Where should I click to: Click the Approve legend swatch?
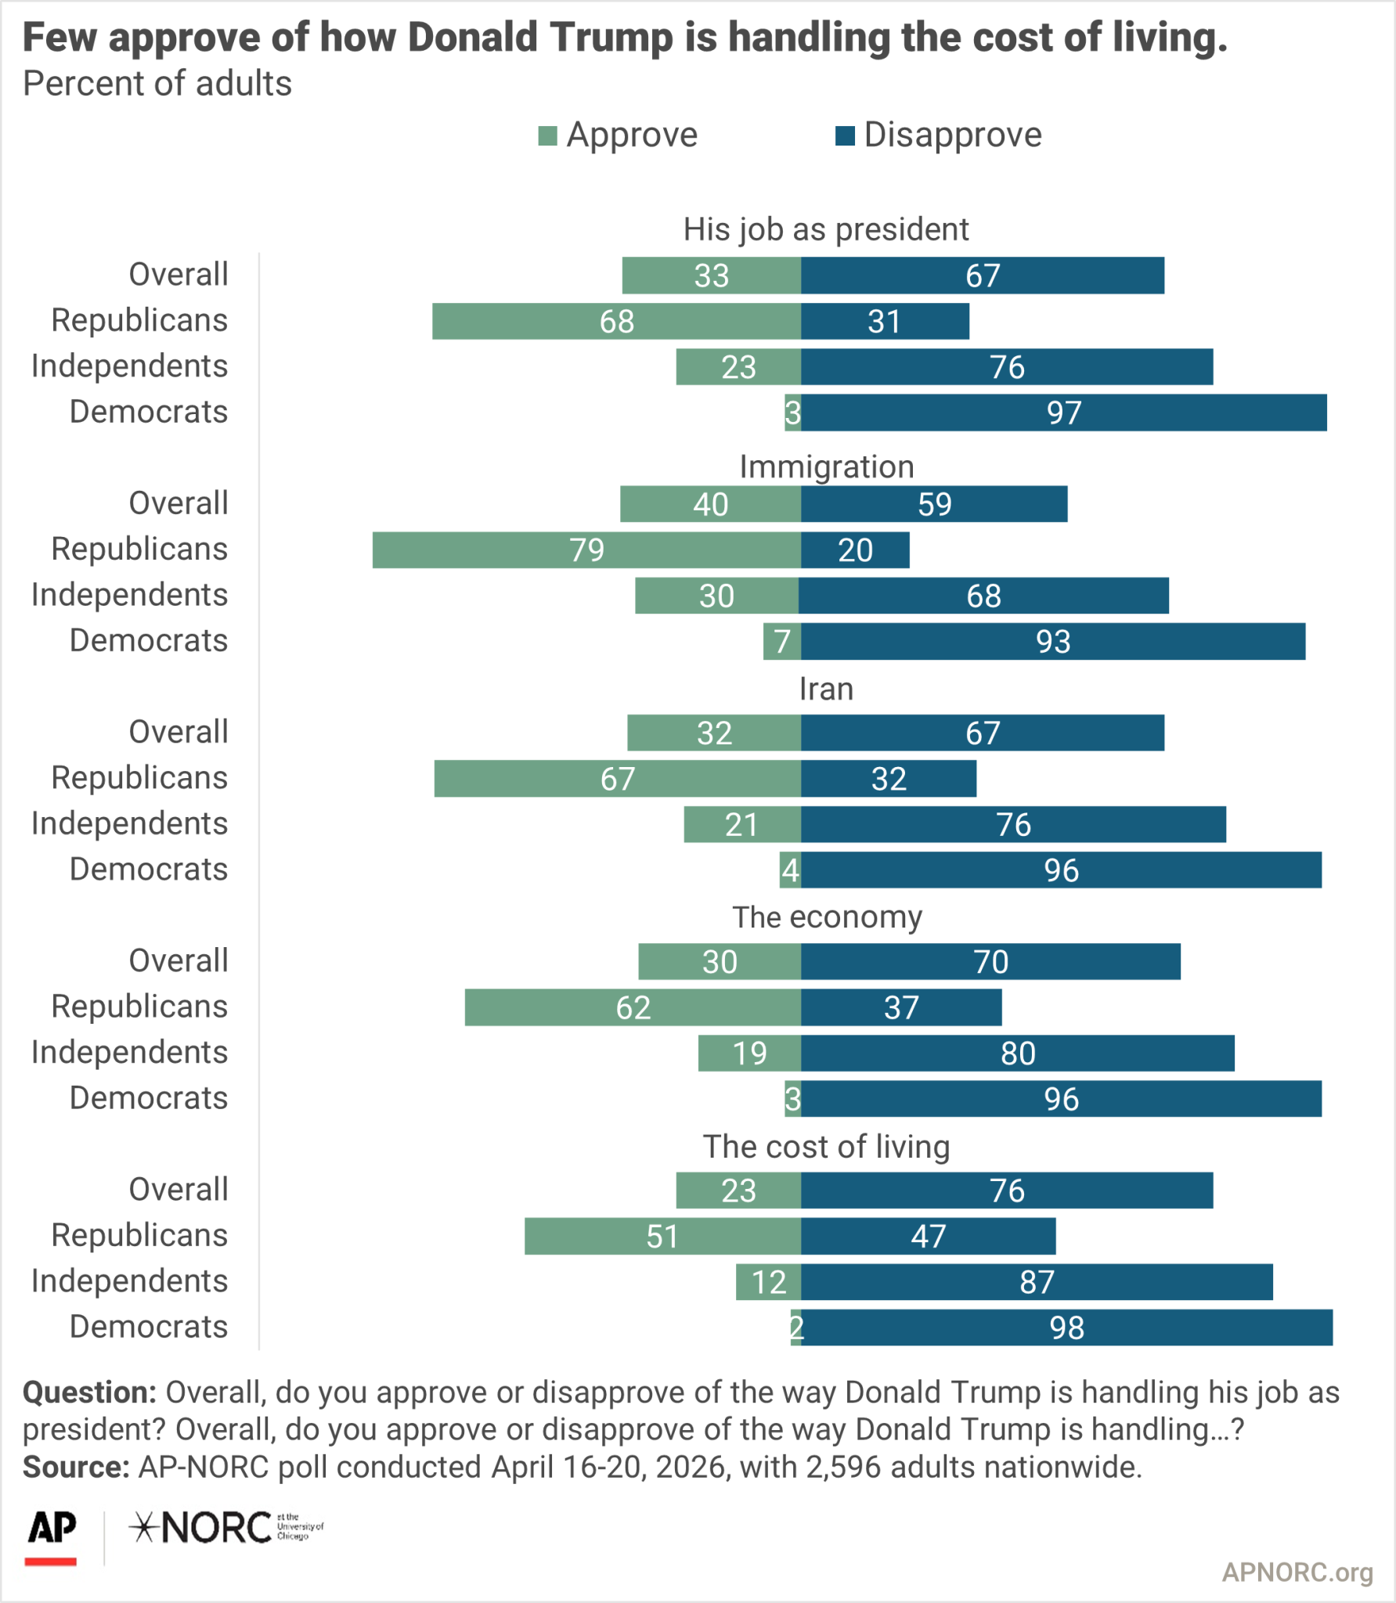point(547,136)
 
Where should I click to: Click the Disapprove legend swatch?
point(845,136)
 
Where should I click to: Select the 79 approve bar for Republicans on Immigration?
point(586,550)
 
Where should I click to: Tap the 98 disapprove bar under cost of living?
point(1066,1327)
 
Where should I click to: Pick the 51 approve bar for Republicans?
point(662,1236)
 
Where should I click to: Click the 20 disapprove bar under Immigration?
point(855,550)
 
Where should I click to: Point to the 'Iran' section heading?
point(826,689)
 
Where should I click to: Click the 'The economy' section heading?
point(827,917)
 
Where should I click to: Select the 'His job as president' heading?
point(826,229)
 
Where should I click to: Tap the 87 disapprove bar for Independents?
point(1037,1282)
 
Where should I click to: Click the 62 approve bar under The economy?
point(633,1007)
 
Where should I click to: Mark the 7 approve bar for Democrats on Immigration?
point(782,642)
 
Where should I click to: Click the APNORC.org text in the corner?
point(1297,1572)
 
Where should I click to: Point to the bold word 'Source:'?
point(76,1467)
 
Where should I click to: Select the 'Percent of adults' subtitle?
point(157,84)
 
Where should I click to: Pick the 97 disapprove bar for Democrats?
point(1063,412)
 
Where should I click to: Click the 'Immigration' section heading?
point(827,466)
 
